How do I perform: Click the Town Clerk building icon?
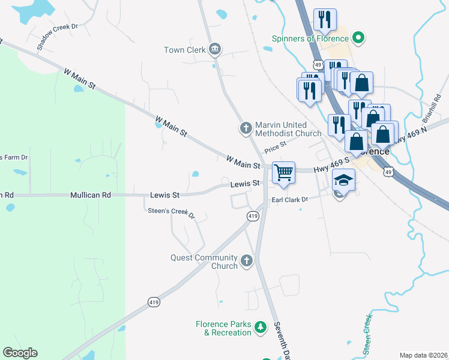coord(215,50)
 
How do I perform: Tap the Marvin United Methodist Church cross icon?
coord(246,128)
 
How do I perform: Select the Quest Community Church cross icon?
coord(246,260)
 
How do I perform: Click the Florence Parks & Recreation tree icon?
coord(261,327)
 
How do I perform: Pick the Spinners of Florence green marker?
coord(358,38)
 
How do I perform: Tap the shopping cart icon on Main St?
coord(283,172)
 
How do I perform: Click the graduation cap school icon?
coord(343,179)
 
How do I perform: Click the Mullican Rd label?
coord(91,195)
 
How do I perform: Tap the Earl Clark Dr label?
coord(289,200)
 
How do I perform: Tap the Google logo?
coord(20,353)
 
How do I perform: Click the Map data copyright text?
coord(423,355)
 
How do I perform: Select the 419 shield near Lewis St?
coord(253,215)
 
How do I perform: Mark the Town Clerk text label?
coord(185,50)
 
